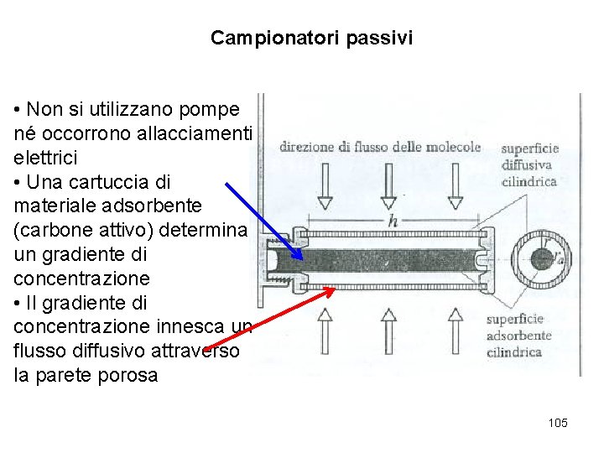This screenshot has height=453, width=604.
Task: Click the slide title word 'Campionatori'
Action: click(260, 39)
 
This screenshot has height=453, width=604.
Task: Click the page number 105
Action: click(558, 423)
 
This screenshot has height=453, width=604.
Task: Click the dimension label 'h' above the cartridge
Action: click(392, 220)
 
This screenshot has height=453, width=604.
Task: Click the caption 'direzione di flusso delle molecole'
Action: click(380, 147)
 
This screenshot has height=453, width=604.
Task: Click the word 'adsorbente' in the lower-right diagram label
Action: click(519, 336)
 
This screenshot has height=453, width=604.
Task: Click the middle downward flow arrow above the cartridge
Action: click(388, 185)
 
